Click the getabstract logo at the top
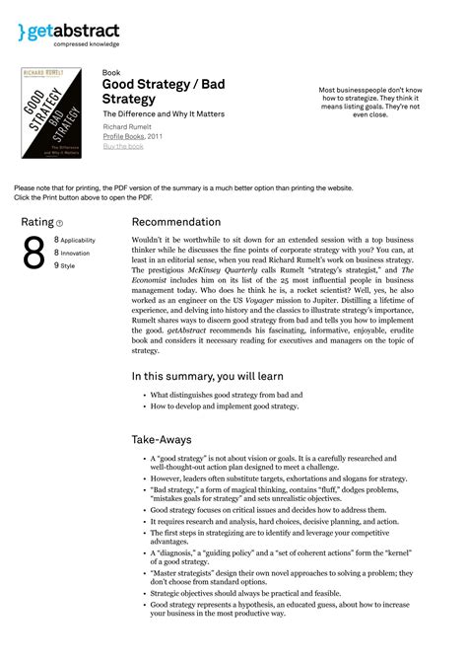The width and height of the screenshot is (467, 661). click(68, 31)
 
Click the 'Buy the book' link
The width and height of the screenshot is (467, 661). click(123, 146)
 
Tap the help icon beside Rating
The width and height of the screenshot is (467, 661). click(60, 224)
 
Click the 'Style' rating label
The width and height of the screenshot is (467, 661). click(68, 265)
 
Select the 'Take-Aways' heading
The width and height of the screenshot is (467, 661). click(162, 439)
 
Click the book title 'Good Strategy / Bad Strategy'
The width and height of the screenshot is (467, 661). click(164, 92)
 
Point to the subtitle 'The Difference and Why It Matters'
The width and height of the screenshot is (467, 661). click(164, 114)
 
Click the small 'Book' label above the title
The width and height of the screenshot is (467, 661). click(110, 73)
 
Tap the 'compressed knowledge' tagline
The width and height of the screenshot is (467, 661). click(87, 44)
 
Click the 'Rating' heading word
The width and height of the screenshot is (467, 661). click(37, 223)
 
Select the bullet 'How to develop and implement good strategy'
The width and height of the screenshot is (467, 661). click(226, 405)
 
